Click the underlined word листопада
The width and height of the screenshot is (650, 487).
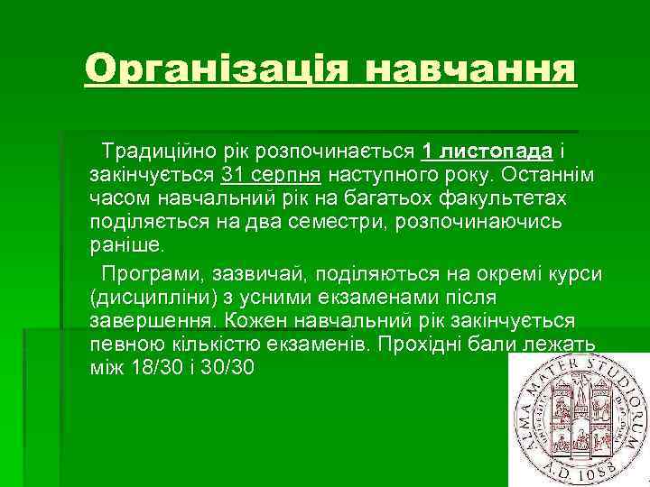pyautogui.click(x=494, y=148)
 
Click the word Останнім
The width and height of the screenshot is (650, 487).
pyautogui.click(x=560, y=172)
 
